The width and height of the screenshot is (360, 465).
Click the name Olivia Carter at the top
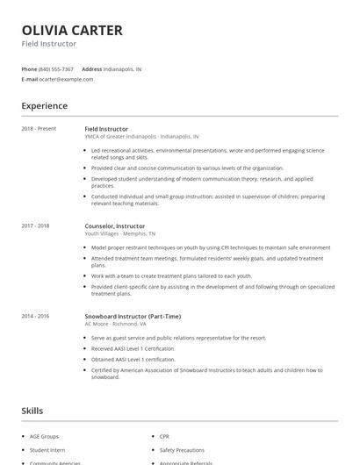(x=72, y=30)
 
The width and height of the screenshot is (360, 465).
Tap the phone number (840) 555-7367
(x=56, y=68)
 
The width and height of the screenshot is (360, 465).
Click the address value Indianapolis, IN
(x=122, y=68)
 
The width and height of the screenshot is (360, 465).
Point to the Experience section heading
(x=44, y=106)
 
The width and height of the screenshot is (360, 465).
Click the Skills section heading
(x=32, y=411)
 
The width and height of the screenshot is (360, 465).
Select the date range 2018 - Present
(x=39, y=129)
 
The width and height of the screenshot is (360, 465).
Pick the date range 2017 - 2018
(x=35, y=226)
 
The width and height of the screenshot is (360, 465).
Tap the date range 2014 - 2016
(x=35, y=316)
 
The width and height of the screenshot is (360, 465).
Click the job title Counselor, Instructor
(x=115, y=226)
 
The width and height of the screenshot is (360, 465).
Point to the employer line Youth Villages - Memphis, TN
(x=120, y=234)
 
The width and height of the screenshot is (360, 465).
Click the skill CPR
(x=164, y=435)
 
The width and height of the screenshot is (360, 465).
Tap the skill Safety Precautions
(x=181, y=448)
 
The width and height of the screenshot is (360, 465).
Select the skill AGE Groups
(x=44, y=435)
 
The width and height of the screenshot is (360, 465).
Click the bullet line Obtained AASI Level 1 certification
(x=133, y=358)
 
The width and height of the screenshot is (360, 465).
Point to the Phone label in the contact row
(x=29, y=68)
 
